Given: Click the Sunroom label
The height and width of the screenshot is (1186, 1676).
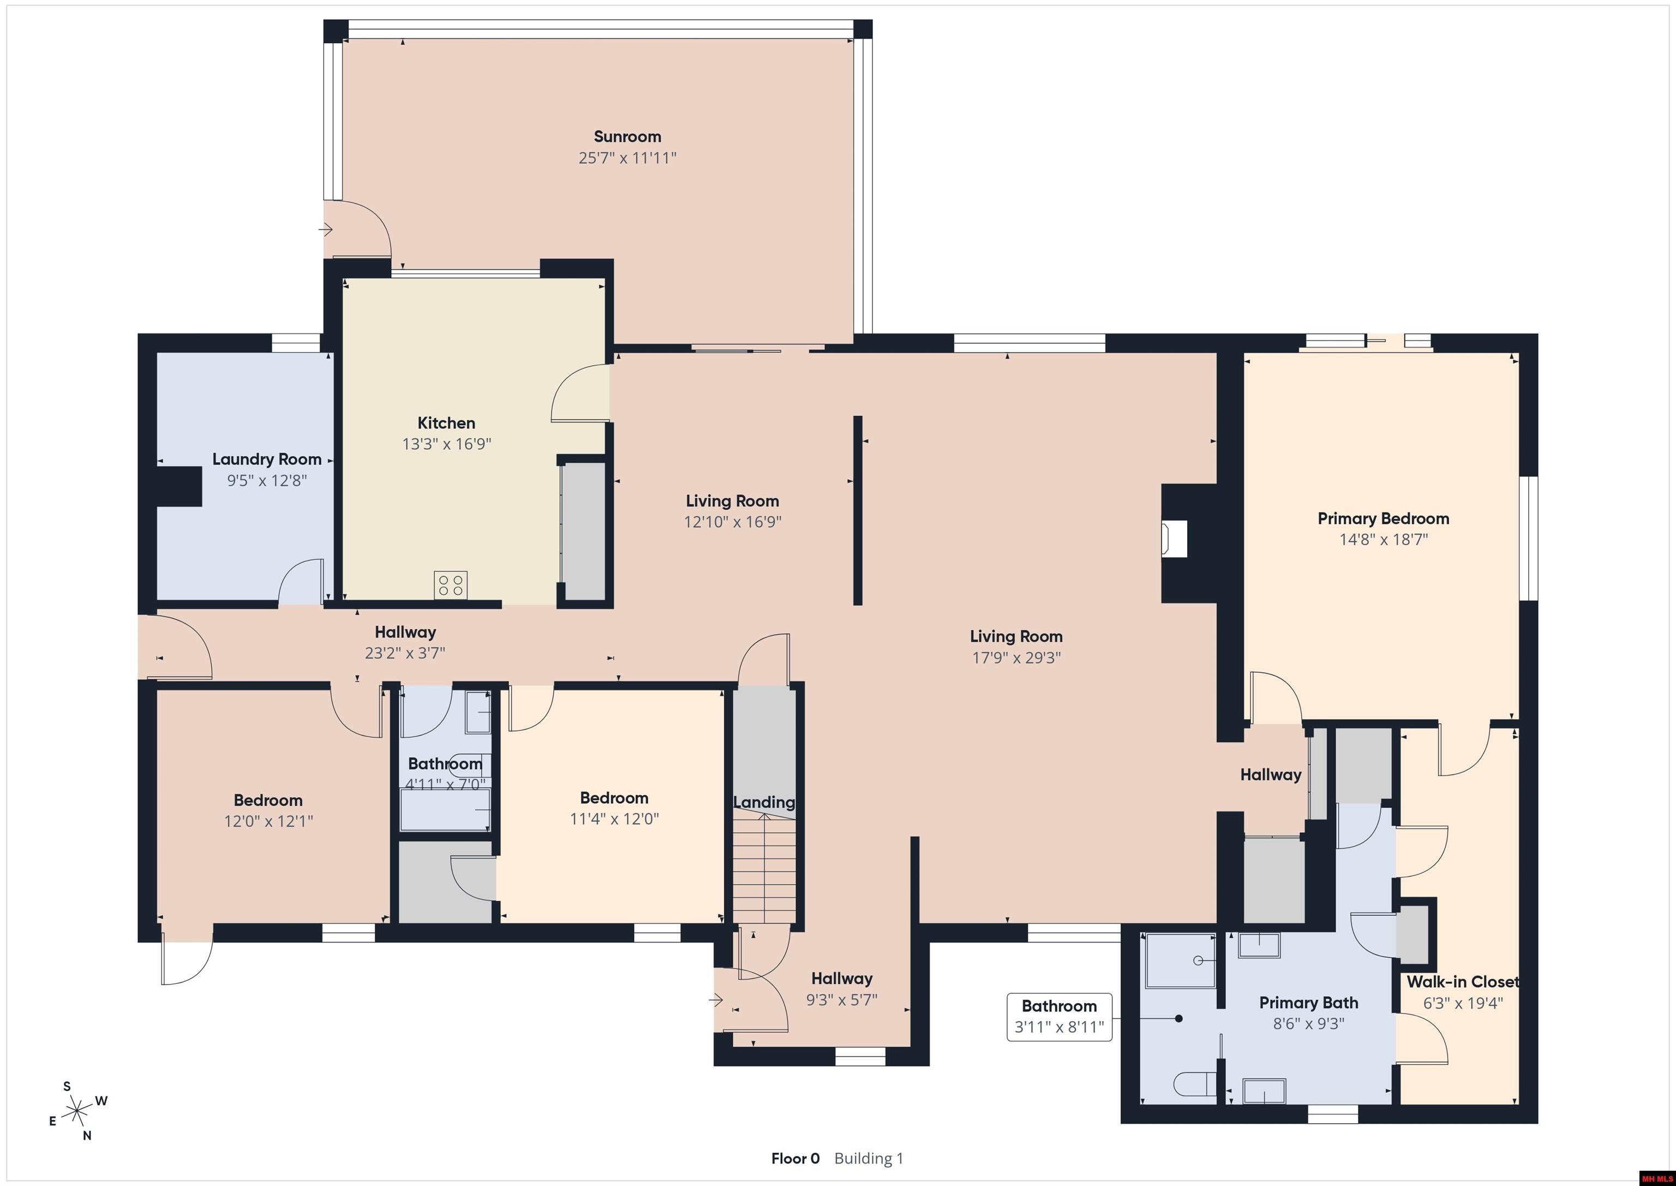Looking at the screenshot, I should tap(627, 136).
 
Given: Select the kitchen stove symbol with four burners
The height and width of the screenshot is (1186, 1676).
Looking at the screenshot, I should tap(451, 585).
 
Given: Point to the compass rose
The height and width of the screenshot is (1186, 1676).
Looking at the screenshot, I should tap(76, 1112).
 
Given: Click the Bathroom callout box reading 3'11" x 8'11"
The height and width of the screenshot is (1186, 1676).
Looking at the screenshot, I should tap(1058, 1017).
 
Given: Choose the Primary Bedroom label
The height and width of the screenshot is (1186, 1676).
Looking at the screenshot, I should tap(1382, 518).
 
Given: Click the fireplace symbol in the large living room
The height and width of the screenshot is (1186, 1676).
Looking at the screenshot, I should tap(1175, 539).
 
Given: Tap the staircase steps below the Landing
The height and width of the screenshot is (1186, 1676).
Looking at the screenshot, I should tap(764, 869).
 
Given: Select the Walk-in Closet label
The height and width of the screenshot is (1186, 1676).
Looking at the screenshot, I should tap(1462, 982).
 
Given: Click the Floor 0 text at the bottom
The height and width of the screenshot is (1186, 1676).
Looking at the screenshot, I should tap(795, 1158).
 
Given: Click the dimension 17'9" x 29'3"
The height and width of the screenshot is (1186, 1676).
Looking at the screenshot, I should tap(1015, 657).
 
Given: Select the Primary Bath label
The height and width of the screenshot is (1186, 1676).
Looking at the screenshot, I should tap(1308, 1003).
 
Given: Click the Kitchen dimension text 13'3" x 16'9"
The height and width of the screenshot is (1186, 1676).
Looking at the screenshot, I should tap(446, 444).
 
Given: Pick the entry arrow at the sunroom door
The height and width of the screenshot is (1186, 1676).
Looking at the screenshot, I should tap(326, 230).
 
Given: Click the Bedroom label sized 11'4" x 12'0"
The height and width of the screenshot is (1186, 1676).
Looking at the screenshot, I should tap(614, 798).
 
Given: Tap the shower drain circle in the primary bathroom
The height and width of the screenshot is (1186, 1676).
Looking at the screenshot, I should tap(1198, 961).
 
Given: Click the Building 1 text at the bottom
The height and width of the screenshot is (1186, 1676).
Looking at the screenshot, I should tap(868, 1158).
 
